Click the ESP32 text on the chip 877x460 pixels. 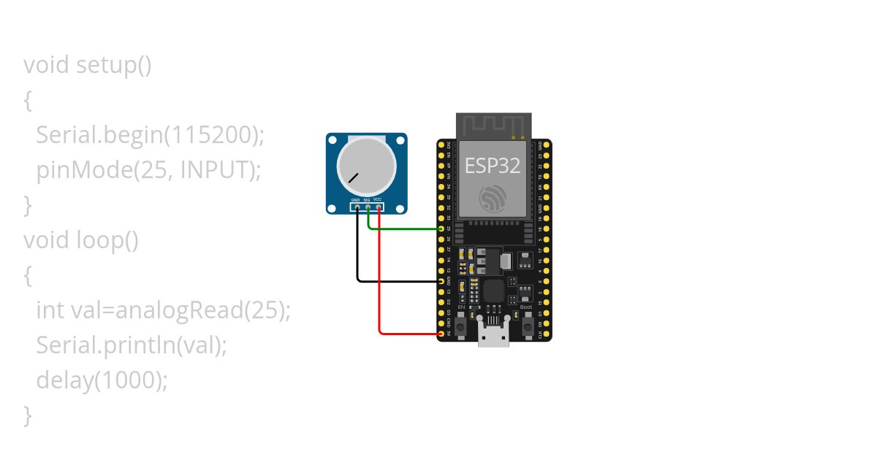[493, 165]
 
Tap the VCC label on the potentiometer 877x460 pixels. [377, 199]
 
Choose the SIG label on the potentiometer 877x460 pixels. [366, 199]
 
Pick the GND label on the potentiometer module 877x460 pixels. [355, 199]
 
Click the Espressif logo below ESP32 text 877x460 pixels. [493, 199]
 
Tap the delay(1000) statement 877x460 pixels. [102, 380]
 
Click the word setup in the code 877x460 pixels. [105, 65]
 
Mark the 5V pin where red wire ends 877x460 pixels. [441, 334]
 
